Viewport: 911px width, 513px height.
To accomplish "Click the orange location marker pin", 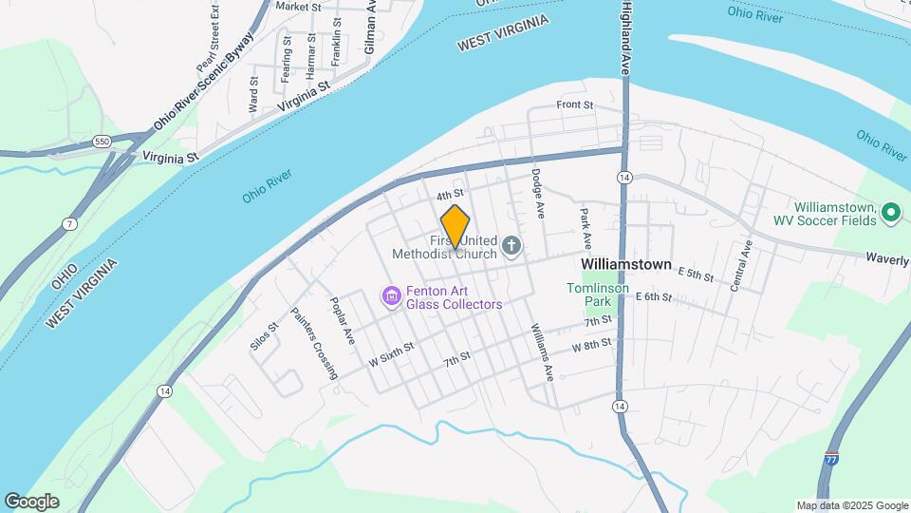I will click(455, 225).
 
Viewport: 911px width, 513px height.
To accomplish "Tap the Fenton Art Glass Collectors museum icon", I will click(391, 297).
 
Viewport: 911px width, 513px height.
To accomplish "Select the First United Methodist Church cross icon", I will click(511, 249).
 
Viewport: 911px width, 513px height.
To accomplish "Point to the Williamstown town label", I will click(625, 264).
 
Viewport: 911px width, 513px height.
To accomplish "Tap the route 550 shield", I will click(102, 142).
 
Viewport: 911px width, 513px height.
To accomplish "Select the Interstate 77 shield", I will click(831, 459).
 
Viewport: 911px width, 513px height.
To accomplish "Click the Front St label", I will click(574, 104).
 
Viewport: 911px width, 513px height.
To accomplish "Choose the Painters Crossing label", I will click(314, 343).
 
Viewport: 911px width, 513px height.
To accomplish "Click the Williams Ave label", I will click(541, 351).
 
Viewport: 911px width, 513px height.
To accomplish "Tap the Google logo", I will click(31, 502).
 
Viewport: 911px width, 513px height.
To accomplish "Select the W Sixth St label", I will click(392, 351).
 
